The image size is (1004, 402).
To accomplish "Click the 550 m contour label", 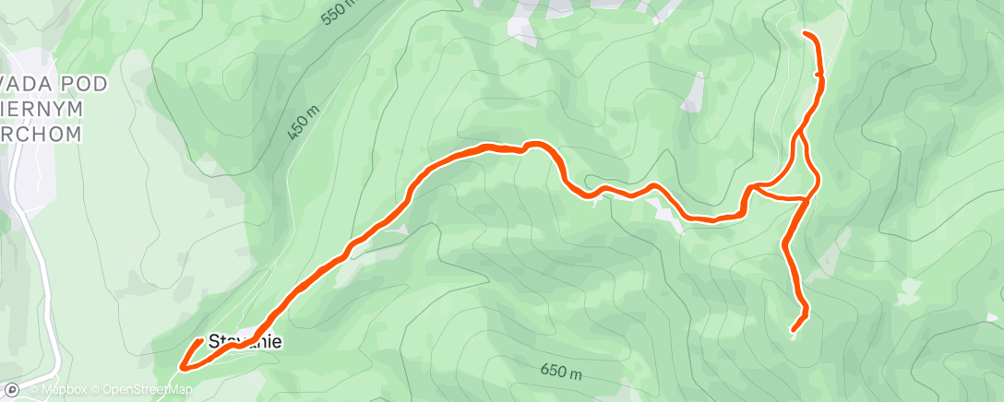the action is [338, 12].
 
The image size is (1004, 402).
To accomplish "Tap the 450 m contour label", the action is [303, 121].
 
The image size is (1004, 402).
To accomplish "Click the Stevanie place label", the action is [245, 342].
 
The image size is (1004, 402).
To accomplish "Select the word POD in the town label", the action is [79, 85].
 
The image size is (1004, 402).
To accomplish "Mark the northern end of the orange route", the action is [807, 34].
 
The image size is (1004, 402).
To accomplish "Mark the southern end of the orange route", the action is [794, 329].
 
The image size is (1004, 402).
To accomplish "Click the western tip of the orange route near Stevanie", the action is [200, 342].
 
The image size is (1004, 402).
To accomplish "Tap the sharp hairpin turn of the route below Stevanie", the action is [182, 366].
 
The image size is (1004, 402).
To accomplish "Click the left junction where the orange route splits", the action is [751, 188].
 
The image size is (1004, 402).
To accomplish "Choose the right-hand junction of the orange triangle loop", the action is [809, 196].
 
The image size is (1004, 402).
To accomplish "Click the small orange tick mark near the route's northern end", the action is [818, 74].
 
